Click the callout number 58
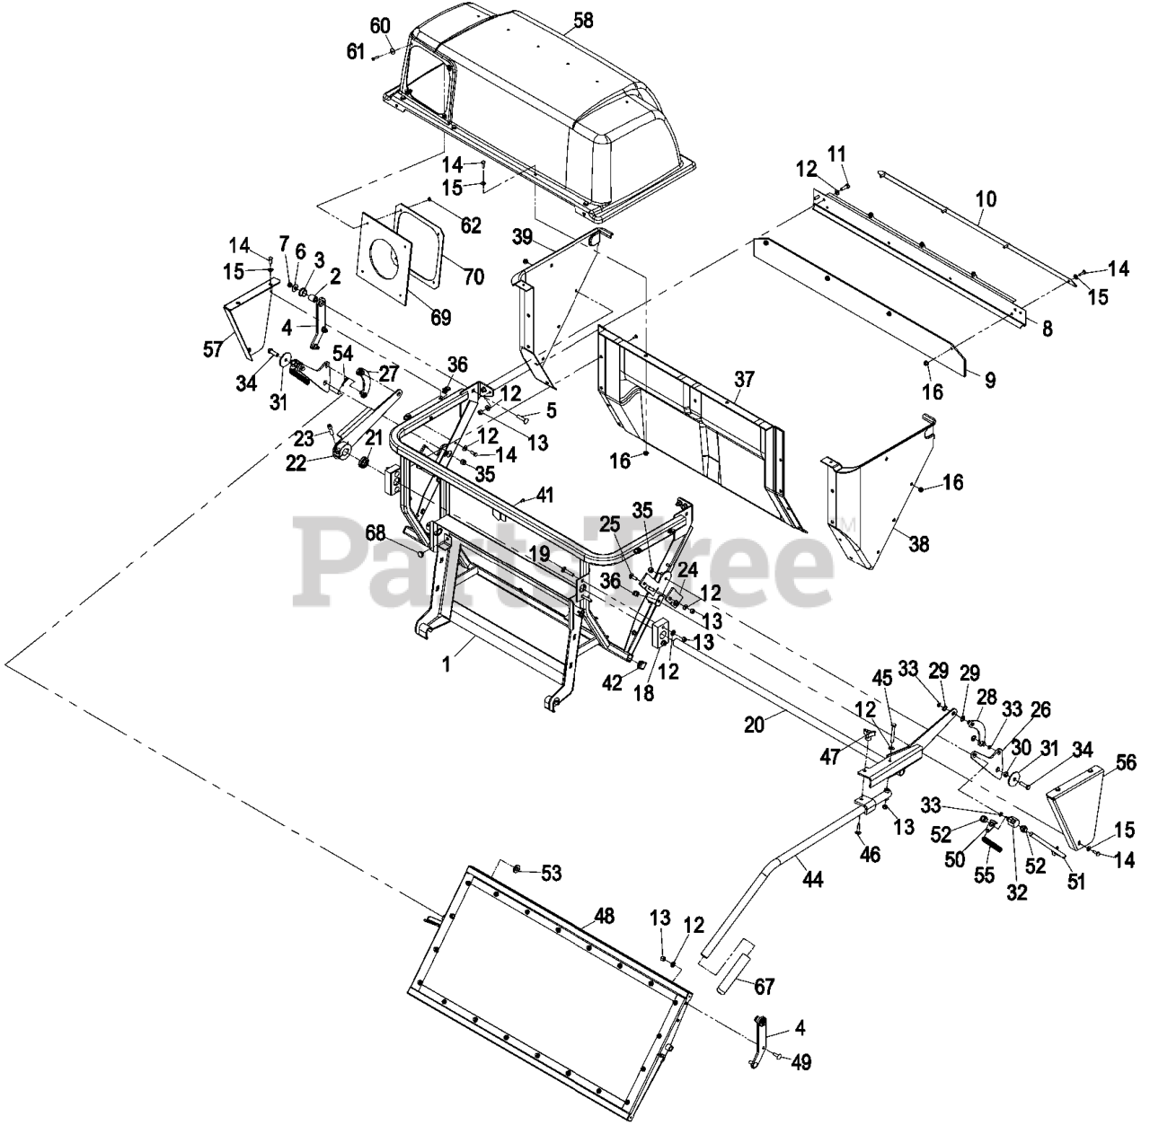[x=583, y=21]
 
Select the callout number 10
[x=986, y=199]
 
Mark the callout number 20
[x=753, y=723]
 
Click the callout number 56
[x=1126, y=763]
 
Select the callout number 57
[x=212, y=349]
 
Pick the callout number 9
[x=990, y=380]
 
